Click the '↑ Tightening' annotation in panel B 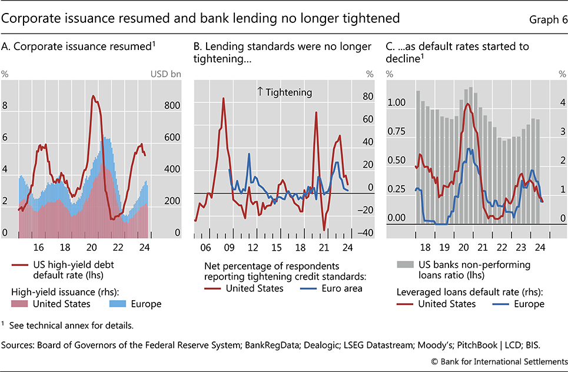pyautogui.click(x=284, y=92)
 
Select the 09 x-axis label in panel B pyautogui.click(x=228, y=248)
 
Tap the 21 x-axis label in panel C pyautogui.click(x=483, y=248)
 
